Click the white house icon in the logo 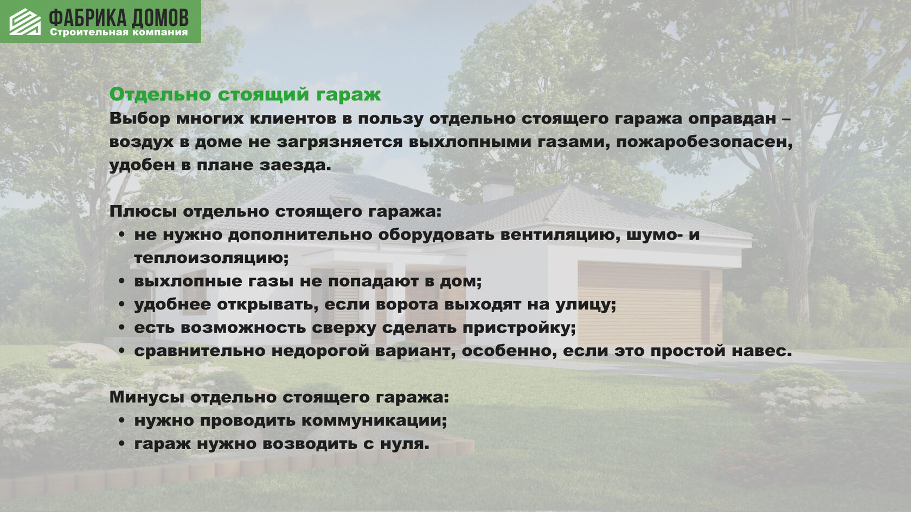(25, 22)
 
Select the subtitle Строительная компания (119, 33)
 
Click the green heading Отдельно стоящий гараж (245, 95)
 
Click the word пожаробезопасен (704, 142)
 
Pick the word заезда (293, 165)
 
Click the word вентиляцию (561, 235)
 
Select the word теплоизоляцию (211, 258)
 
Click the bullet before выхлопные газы (121, 281)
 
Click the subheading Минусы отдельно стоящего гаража (279, 398)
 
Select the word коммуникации (374, 421)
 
